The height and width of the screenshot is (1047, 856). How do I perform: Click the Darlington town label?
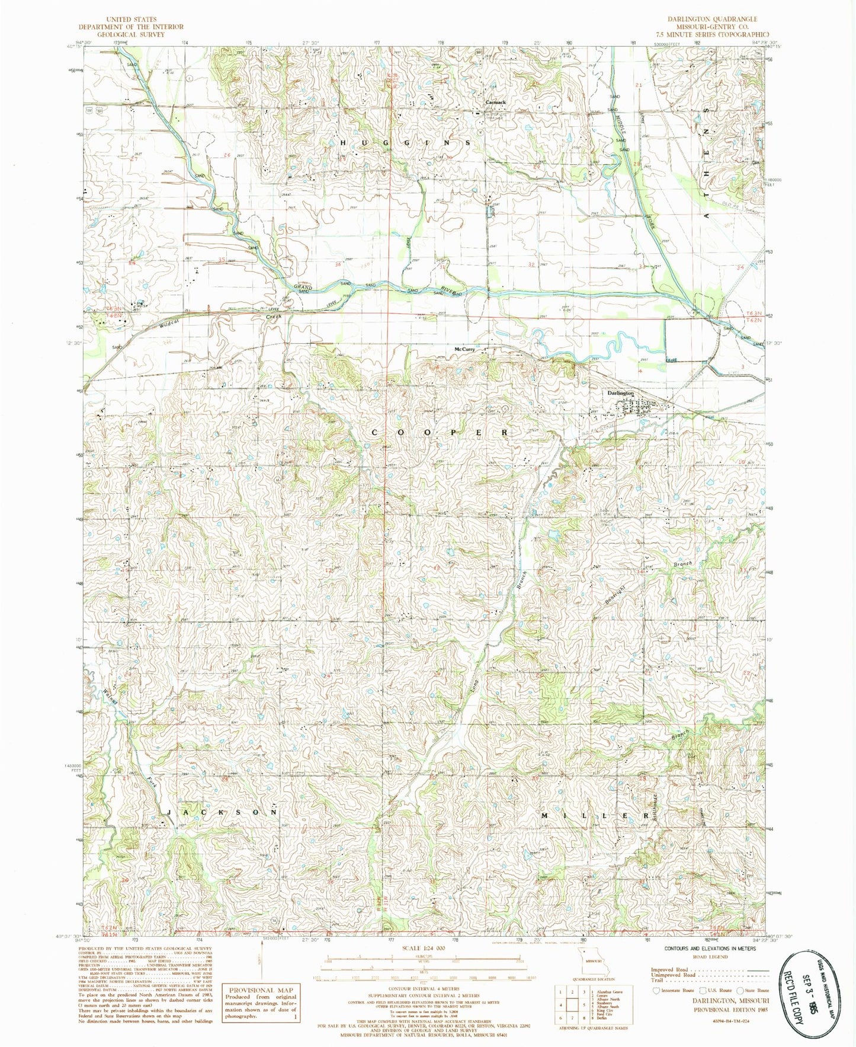pos(619,393)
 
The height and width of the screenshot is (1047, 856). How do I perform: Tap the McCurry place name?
pos(464,349)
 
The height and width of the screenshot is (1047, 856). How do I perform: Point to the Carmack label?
pos(495,102)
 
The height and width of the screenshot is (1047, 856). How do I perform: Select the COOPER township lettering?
pos(439,433)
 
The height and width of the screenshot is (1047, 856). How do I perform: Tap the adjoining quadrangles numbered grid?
pos(572,1007)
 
